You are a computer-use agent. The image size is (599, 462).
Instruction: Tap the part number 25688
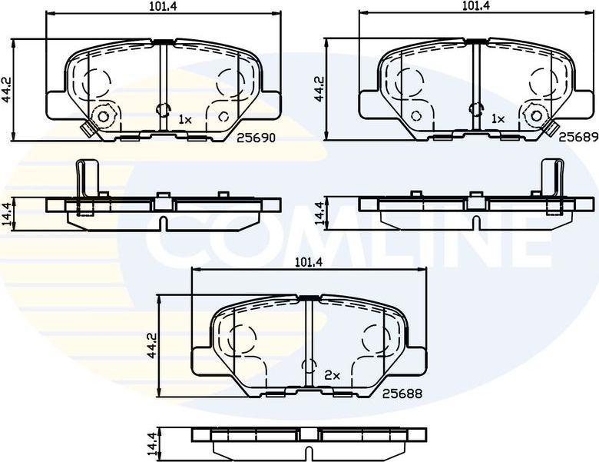point(403,393)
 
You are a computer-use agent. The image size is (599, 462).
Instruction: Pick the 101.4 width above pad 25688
point(307,262)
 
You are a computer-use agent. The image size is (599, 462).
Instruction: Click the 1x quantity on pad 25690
point(184,119)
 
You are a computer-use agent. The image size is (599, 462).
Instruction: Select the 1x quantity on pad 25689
point(498,119)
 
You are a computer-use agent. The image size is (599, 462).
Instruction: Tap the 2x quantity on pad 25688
point(332,375)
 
